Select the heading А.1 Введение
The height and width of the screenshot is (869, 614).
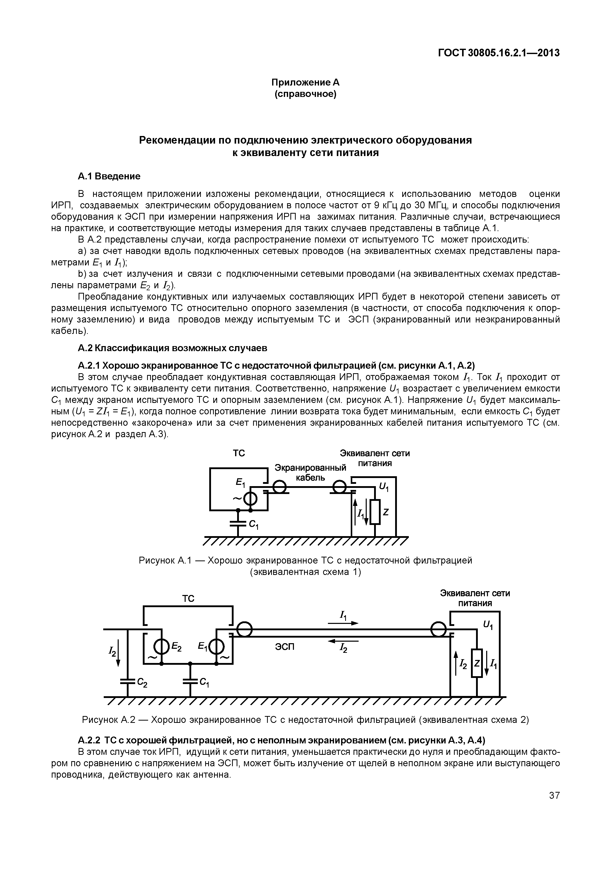pyautogui.click(x=109, y=176)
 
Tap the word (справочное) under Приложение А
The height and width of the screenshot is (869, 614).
pyautogui.click(x=305, y=93)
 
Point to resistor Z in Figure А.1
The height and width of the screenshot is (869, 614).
pyautogui.click(x=375, y=512)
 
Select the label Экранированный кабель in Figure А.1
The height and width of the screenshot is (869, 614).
pyautogui.click(x=310, y=472)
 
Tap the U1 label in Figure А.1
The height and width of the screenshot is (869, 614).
pyautogui.click(x=383, y=488)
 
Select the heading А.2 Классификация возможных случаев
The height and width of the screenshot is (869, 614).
pyautogui.click(x=172, y=347)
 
